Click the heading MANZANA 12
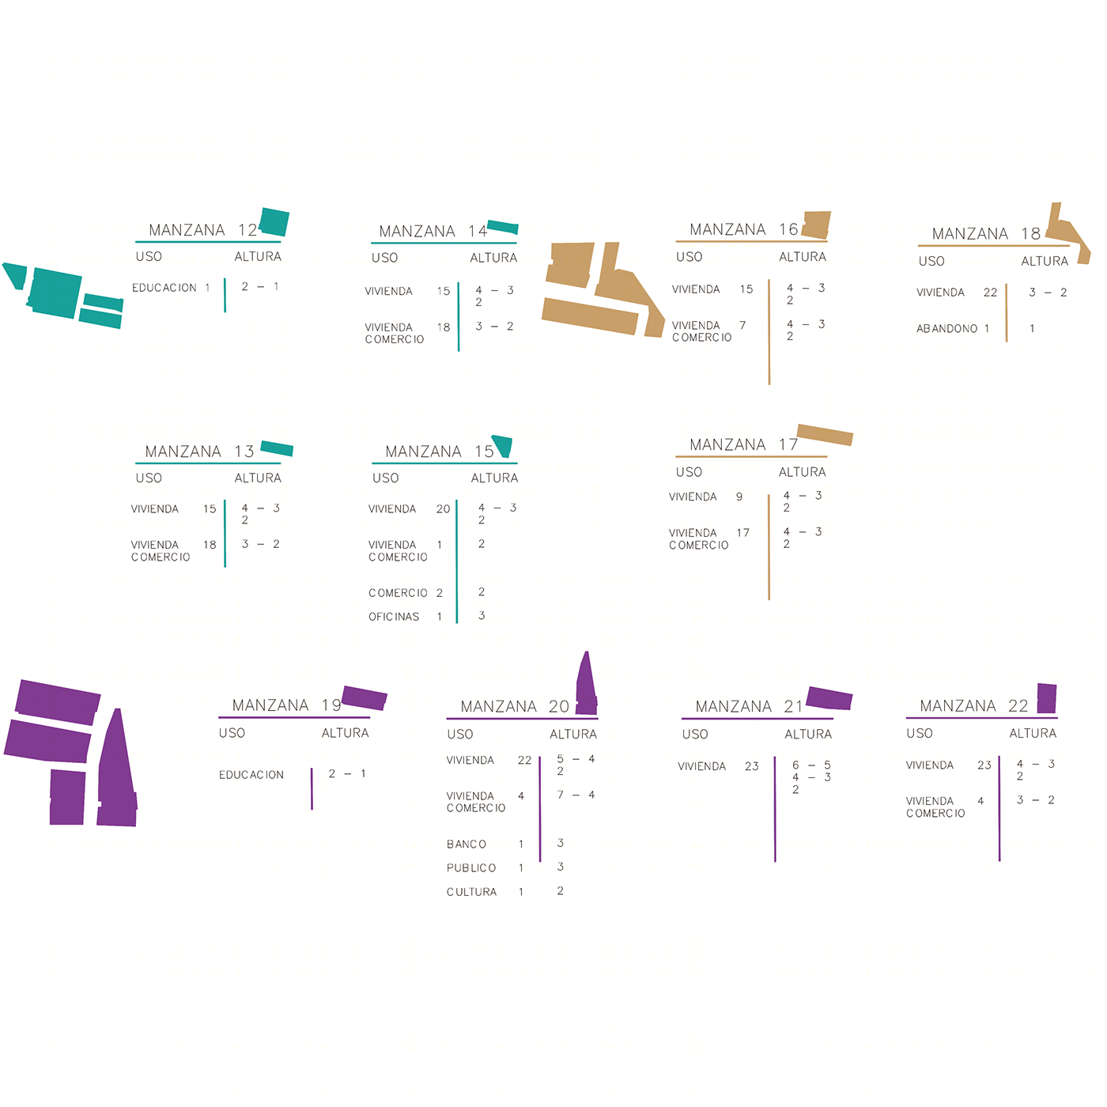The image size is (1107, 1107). pos(202,230)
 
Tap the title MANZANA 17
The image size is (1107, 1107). pos(743,445)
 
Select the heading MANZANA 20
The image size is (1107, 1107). pos(514,706)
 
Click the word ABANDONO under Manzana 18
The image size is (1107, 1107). pos(946,329)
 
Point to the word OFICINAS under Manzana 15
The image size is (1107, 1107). pos(394,617)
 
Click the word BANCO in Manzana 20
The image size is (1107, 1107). pos(467,844)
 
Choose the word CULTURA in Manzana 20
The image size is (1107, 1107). pos(471,892)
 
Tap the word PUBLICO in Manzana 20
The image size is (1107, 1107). pos(471,868)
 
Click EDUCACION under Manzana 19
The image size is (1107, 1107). pos(251,775)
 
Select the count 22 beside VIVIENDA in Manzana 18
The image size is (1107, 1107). pos(990,293)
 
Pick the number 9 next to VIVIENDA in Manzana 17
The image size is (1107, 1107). pos(739,497)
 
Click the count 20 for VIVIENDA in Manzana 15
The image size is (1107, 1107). pos(443,509)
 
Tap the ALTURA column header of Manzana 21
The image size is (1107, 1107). pos(808,735)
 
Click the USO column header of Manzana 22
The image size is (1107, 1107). pos(920,734)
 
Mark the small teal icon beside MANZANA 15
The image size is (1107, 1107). pos(502,445)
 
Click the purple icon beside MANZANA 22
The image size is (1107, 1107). pos(1047,698)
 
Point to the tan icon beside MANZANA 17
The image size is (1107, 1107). pos(825,434)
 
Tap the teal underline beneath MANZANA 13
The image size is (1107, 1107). pos(208,463)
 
